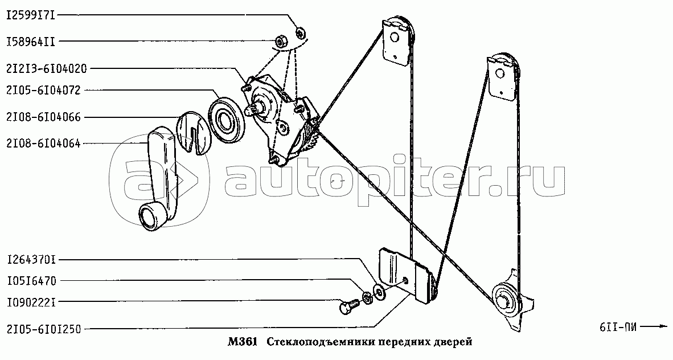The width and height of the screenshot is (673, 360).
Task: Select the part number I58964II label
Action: pos(31,42)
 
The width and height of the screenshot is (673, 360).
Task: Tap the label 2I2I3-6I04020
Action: pos(47,69)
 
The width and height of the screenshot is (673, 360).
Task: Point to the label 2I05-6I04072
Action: pos(43,90)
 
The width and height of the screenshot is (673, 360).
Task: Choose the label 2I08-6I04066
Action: pos(43,117)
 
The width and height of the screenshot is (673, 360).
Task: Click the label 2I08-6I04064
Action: pos(43,144)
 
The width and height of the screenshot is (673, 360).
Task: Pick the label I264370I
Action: pos(31,260)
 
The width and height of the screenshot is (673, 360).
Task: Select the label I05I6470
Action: pos(31,281)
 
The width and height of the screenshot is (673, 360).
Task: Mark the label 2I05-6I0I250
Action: pos(43,329)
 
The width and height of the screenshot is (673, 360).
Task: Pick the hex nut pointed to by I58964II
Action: pos(281,42)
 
